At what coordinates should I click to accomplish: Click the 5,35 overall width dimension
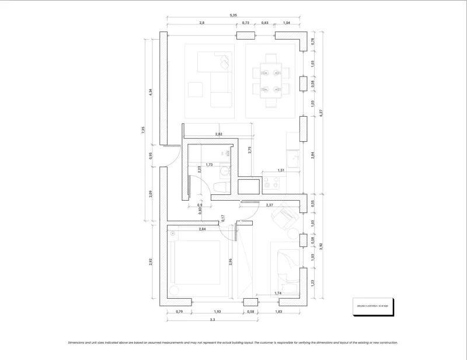click(x=233, y=15)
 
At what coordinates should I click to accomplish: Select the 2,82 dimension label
click(x=219, y=134)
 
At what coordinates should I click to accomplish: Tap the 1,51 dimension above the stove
click(x=281, y=170)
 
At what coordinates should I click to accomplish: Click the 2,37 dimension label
click(x=270, y=205)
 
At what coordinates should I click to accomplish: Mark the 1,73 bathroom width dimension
click(x=209, y=165)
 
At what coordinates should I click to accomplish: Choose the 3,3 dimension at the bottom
click(x=212, y=320)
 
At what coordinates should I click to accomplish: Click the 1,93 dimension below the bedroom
click(x=217, y=312)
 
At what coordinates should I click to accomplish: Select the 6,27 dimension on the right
click(x=320, y=114)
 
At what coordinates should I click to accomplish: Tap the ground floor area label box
click(x=374, y=306)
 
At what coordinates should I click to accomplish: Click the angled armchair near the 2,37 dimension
click(x=285, y=216)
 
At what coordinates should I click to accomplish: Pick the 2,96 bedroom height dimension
click(x=231, y=261)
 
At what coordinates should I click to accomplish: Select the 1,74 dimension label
click(x=278, y=293)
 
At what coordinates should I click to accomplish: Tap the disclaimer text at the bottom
click(x=233, y=343)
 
